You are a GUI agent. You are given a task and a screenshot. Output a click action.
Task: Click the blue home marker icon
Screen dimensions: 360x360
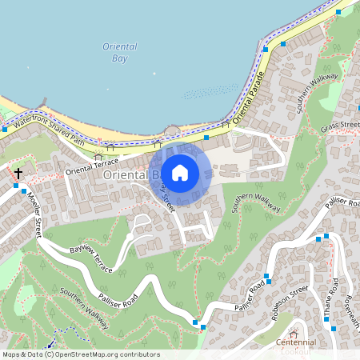point(180,173)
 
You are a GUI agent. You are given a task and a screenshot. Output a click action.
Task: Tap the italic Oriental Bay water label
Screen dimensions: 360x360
point(120,53)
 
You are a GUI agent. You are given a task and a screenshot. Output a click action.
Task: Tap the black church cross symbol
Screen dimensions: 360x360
point(18,172)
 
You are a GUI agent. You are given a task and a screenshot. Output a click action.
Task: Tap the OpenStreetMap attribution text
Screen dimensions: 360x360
point(80,354)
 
